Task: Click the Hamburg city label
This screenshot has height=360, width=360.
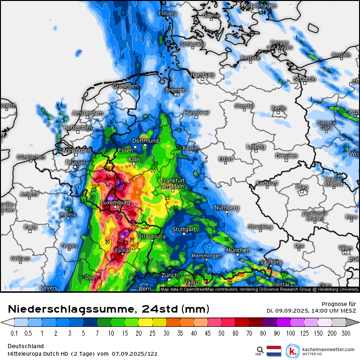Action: point(202,75)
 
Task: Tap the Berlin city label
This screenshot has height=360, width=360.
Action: point(279,108)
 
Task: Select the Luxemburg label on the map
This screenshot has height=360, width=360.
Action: point(115,202)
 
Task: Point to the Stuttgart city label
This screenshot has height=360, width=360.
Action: point(184,229)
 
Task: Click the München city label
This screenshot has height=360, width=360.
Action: point(238,250)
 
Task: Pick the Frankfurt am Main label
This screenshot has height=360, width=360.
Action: point(172,183)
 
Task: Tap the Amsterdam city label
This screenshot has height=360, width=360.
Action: point(87,113)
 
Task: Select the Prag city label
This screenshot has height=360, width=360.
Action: point(302,187)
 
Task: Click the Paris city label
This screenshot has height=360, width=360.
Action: point(30,227)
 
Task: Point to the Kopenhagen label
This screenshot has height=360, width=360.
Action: point(260,6)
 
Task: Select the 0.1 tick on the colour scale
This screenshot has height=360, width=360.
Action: point(14,333)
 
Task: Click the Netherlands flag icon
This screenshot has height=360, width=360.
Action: point(274,351)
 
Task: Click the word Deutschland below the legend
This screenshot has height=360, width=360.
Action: point(26,346)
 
